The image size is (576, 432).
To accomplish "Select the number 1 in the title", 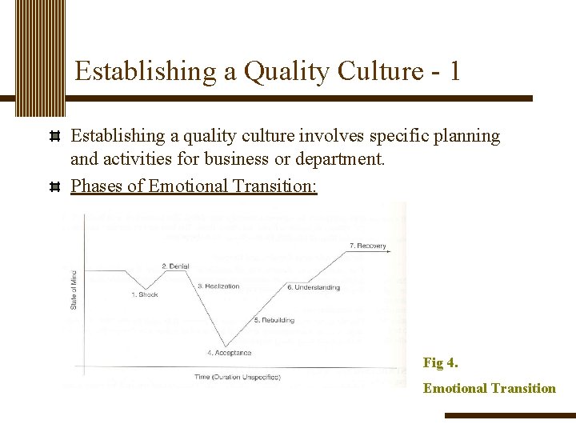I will (x=454, y=71).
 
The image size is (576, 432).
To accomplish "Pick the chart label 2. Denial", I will (x=174, y=266).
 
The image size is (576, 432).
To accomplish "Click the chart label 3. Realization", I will (x=218, y=286).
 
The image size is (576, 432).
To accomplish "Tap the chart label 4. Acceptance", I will (x=229, y=353).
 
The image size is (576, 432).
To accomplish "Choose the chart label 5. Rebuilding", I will (x=274, y=320).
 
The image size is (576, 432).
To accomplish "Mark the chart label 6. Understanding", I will (x=313, y=287).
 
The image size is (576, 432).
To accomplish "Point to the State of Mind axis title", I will (x=74, y=287).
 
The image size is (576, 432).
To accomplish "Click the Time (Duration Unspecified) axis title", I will (x=237, y=377).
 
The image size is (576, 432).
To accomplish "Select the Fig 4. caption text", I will (x=440, y=362).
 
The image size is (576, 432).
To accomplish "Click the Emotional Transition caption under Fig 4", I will (x=489, y=388).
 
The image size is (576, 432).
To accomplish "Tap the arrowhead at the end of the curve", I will (x=389, y=252).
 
